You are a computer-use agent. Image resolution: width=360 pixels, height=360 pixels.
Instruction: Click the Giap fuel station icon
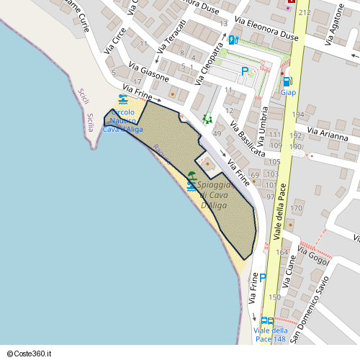point(287,82)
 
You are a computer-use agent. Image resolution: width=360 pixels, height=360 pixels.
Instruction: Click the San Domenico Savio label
point(323,285)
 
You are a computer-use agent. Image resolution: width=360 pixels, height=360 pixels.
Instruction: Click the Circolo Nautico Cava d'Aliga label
point(124,121)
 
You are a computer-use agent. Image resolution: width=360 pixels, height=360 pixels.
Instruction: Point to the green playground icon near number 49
point(207,118)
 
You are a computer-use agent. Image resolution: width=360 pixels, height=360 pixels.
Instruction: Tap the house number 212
point(305,12)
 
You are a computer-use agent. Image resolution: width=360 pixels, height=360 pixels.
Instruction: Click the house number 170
point(296,209)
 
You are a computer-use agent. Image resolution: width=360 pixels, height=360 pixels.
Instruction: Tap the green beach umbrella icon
point(192,174)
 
